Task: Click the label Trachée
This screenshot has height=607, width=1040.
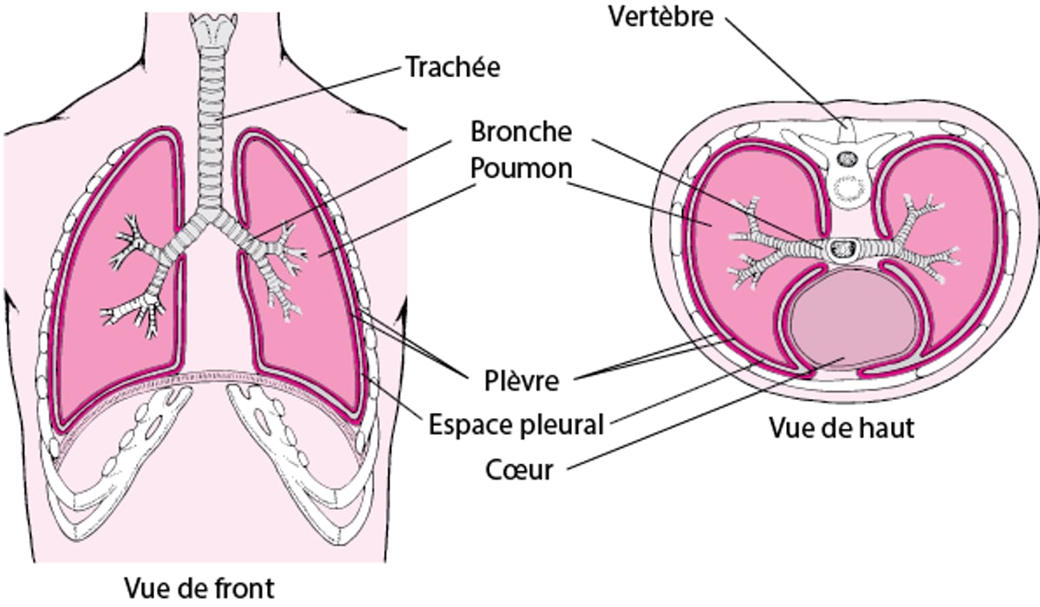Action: pyautogui.click(x=453, y=68)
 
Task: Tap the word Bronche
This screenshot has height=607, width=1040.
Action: pyautogui.click(x=521, y=132)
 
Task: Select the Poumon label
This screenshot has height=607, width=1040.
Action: pyautogui.click(x=521, y=168)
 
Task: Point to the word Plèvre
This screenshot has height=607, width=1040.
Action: pyautogui.click(x=521, y=379)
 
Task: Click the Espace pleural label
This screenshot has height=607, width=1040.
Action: pyautogui.click(x=517, y=425)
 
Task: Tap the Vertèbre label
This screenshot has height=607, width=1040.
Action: pyautogui.click(x=660, y=16)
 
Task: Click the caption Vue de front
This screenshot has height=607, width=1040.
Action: pyautogui.click(x=199, y=589)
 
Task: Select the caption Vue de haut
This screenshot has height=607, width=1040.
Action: pyautogui.click(x=842, y=427)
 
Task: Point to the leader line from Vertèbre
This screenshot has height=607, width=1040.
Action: pyautogui.click(x=780, y=69)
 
